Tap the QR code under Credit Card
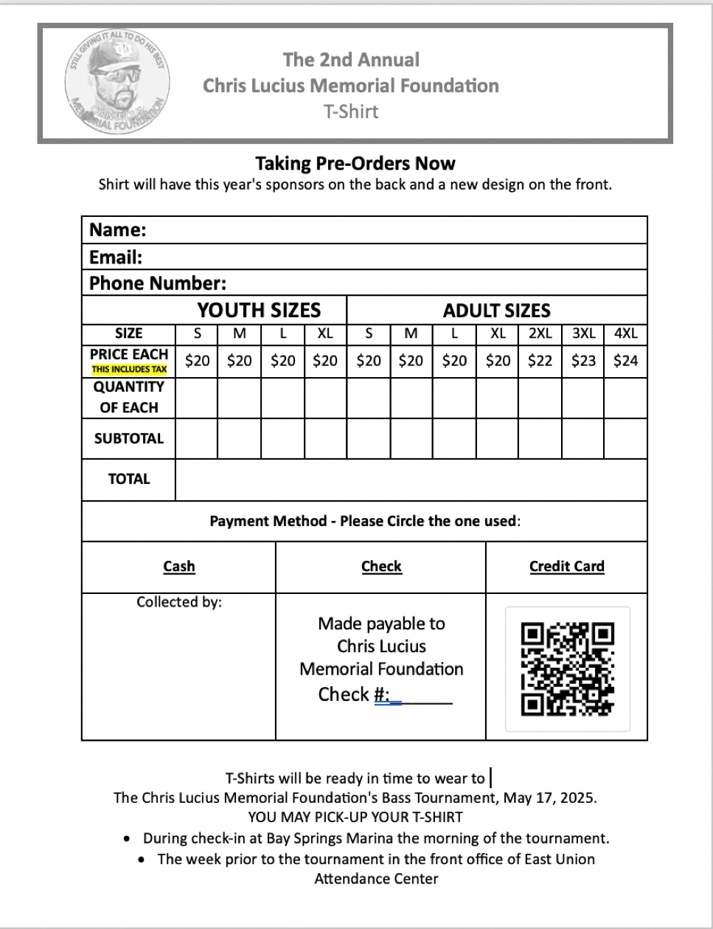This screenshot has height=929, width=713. pyautogui.click(x=567, y=669)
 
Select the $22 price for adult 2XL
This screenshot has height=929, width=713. pyautogui.click(x=540, y=361)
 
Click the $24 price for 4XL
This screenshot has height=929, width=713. pyautogui.click(x=625, y=361)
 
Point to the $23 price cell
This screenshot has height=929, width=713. pyautogui.click(x=583, y=361)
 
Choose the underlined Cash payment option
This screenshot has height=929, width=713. pyautogui.click(x=179, y=567)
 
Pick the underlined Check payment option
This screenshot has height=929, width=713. pyautogui.click(x=381, y=567)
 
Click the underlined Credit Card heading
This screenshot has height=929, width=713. pyautogui.click(x=566, y=567)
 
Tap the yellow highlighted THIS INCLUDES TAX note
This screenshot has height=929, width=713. pyautogui.click(x=129, y=370)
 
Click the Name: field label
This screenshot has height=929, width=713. pyautogui.click(x=118, y=230)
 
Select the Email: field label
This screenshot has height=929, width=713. pyautogui.click(x=116, y=258)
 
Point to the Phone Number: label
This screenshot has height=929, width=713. pyautogui.click(x=158, y=283)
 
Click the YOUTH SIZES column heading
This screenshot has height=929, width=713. pyautogui.click(x=259, y=310)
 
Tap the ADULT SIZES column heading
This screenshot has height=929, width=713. pyautogui.click(x=496, y=311)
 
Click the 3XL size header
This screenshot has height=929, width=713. pyautogui.click(x=583, y=334)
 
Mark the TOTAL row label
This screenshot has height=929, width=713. pyautogui.click(x=129, y=479)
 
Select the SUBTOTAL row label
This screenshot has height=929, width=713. pyautogui.click(x=129, y=438)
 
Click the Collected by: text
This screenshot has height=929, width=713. pyautogui.click(x=179, y=602)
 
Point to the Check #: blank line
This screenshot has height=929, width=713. pyautogui.click(x=425, y=697)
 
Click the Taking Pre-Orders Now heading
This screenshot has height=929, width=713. pyautogui.click(x=355, y=163)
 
